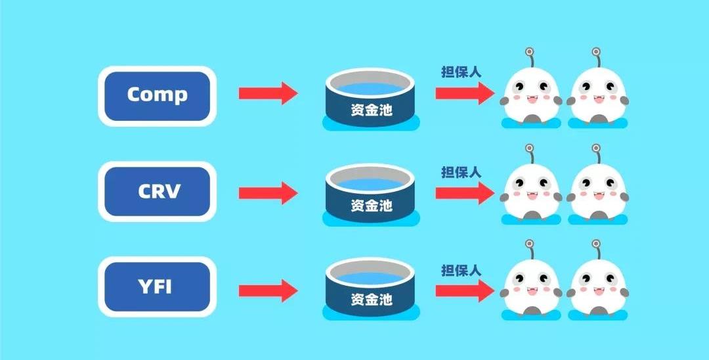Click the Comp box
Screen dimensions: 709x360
tap(157, 96)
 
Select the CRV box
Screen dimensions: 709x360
tap(157, 191)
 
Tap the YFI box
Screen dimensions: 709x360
tap(157, 286)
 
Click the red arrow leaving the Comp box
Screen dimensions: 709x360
tap(268, 93)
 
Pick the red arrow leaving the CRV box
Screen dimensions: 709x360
tap(268, 193)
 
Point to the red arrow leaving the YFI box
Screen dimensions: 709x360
tap(268, 290)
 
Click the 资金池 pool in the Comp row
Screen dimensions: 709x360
tap(370, 99)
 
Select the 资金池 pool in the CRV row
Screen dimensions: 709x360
tap(370, 194)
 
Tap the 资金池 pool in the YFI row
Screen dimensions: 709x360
tap(370, 290)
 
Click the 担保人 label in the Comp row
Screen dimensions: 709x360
tap(462, 72)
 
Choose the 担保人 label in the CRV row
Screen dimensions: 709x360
tap(462, 172)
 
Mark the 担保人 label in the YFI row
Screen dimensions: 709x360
tap(462, 271)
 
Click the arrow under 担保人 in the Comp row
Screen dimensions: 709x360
tap(465, 93)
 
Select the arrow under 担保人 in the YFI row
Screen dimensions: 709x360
tap(465, 290)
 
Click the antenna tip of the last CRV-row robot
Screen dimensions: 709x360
tap(596, 148)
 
